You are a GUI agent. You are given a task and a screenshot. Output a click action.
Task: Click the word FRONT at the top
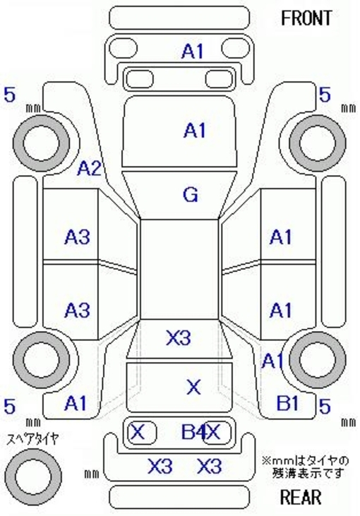pos(306,18)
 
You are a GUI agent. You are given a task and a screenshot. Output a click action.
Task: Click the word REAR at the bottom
pos(301,497)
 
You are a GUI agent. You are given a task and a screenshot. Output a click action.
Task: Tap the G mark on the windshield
pos(191,195)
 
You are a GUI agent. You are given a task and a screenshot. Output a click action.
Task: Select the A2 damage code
pos(89,169)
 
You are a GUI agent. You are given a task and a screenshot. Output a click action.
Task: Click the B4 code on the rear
pos(194,431)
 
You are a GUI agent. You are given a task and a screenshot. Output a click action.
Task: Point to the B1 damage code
pos(287,402)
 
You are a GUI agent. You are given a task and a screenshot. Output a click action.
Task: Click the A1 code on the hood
pos(195,130)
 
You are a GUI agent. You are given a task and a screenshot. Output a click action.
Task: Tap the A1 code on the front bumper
pos(193,52)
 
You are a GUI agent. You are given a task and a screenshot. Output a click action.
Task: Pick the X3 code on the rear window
pos(179,337)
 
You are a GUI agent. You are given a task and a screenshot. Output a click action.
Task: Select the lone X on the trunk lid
pos(194,387)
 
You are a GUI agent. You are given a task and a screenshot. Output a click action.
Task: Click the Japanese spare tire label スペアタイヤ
pos(33,439)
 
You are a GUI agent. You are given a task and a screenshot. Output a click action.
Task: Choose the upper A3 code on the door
pos(77,236)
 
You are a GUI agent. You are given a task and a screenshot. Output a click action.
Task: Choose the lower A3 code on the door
pos(77,310)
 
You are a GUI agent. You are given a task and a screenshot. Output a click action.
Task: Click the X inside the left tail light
pos(138,431)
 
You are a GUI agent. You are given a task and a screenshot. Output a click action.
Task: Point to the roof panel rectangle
pos(180,269)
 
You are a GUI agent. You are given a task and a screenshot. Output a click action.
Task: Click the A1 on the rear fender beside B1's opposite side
pos(76,403)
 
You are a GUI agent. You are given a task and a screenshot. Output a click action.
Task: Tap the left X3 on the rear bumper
pos(160,466)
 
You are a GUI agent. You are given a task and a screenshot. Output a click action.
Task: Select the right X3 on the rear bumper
pos(210,466)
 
